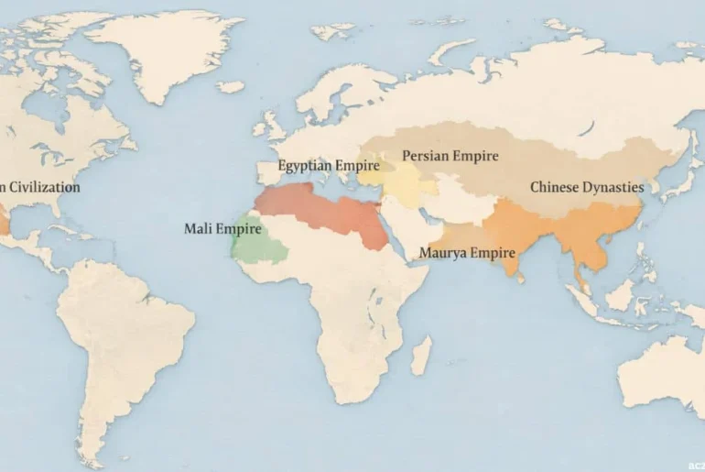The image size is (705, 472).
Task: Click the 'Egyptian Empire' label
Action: [x=328, y=167]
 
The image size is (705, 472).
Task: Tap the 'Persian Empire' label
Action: [x=450, y=156]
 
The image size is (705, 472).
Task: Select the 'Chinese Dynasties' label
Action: [x=586, y=187]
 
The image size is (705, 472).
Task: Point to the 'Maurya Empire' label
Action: [x=467, y=252]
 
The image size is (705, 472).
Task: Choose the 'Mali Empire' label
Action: [x=222, y=228]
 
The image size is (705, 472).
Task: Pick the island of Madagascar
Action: [x=420, y=355]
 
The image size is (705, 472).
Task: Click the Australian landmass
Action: [x=664, y=376]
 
